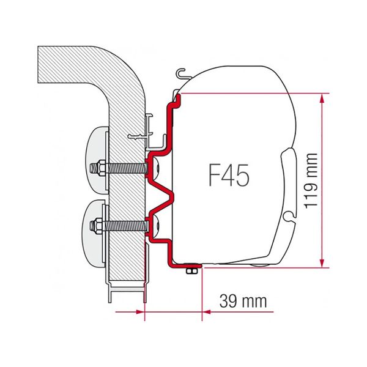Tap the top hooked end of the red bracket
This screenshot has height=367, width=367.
177,97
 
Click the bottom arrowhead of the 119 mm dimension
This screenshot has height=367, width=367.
321,263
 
